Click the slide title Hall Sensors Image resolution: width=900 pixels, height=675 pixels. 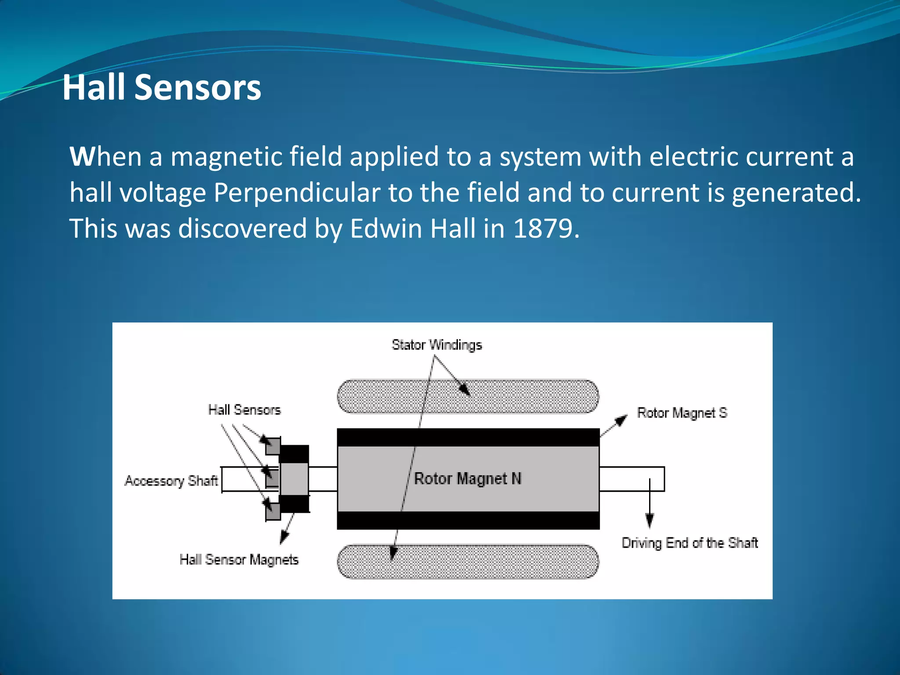point(162,87)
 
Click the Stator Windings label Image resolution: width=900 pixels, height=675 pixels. point(436,345)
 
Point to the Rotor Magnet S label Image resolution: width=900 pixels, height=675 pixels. point(682,413)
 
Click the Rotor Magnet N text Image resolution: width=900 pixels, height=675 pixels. point(468,479)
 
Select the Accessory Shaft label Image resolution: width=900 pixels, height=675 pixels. point(171,481)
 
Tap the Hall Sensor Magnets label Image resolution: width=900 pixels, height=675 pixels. point(239,559)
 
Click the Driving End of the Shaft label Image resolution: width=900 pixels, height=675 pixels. point(689,543)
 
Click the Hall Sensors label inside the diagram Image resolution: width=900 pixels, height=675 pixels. point(244,410)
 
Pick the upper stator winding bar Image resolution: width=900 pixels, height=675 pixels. point(468,397)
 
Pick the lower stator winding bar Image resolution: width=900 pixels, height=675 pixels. point(468,562)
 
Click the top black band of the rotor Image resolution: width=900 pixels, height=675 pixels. point(468,437)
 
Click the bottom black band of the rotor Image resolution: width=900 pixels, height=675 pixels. point(468,520)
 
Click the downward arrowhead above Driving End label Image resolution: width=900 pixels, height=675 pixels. point(650,520)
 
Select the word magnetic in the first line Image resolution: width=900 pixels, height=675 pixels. point(256,157)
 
